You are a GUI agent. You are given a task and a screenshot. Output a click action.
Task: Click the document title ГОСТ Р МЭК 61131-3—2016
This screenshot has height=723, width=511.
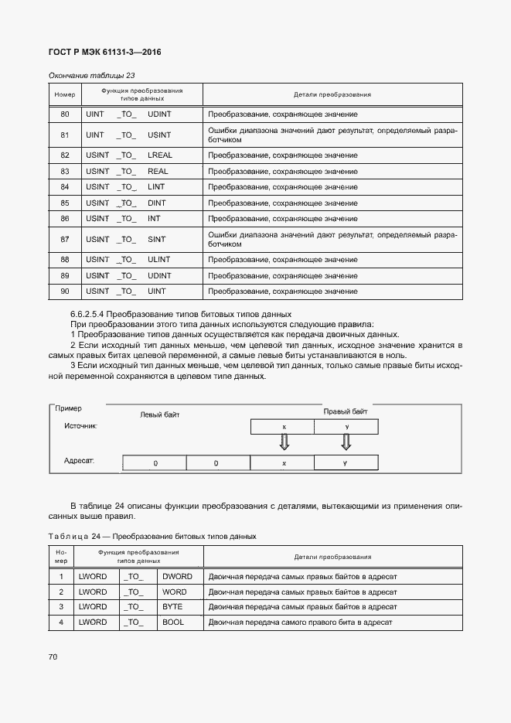104,52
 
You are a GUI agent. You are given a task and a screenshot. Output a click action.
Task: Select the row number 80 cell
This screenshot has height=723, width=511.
64,114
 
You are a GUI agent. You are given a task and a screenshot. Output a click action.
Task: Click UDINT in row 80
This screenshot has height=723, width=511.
159,114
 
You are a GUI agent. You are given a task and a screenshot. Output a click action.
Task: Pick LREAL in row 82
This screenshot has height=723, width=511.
159,155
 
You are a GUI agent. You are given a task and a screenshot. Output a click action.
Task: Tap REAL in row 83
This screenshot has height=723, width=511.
158,171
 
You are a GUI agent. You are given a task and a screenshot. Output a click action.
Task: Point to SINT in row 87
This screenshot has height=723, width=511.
157,239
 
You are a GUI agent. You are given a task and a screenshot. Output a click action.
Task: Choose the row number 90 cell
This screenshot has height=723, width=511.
64,291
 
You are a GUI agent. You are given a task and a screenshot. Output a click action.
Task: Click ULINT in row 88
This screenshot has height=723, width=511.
159,259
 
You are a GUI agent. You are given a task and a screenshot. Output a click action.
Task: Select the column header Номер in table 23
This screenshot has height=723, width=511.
64,95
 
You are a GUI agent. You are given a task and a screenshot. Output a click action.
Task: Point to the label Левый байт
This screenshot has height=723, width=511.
159,414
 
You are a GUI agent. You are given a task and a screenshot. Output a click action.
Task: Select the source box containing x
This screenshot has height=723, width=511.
283,426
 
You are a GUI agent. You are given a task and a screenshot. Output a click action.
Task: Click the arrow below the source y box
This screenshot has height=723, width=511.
346,442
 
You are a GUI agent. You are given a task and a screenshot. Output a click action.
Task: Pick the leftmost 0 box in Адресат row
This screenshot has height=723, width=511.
155,462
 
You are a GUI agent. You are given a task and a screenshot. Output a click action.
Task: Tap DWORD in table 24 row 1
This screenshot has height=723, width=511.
177,576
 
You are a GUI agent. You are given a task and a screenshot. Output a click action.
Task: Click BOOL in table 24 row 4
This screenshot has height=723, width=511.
173,622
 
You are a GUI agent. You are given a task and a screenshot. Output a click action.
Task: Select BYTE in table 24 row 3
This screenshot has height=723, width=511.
172,606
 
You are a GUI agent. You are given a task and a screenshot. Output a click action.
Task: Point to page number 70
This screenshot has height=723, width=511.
53,656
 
